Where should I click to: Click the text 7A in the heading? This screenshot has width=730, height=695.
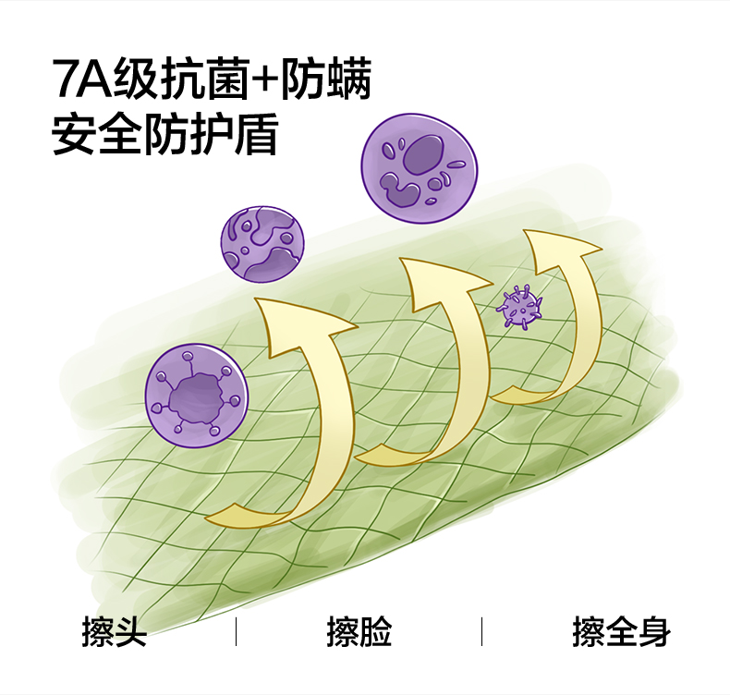point(76,81)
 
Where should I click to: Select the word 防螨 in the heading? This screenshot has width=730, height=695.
point(325,81)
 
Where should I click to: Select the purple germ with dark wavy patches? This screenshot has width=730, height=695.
point(262,243)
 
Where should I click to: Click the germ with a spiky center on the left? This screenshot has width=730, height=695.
point(196,396)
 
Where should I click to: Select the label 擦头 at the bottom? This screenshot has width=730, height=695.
point(114,633)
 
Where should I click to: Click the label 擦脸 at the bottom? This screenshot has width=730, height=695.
point(359,633)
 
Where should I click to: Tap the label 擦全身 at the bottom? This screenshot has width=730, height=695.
point(620,633)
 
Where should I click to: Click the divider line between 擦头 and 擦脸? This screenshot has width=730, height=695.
point(236,632)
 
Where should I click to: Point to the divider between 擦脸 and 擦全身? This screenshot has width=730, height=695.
point(481,632)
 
